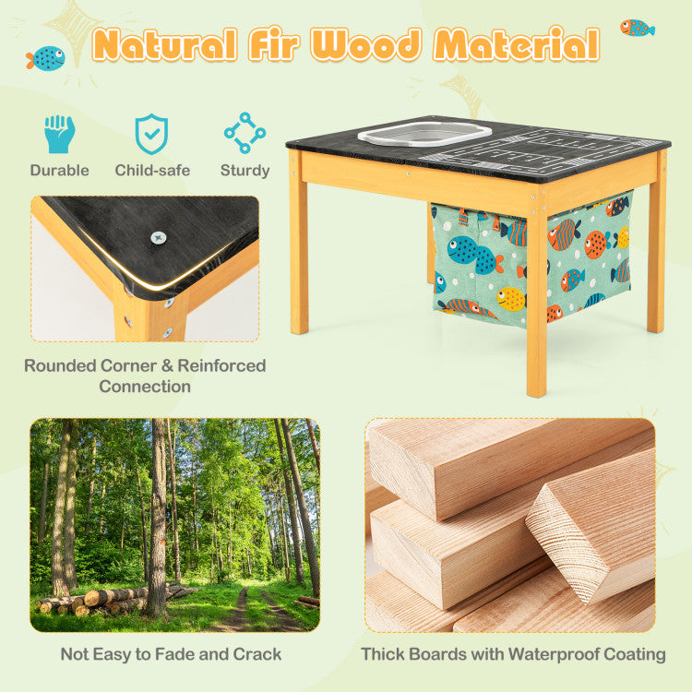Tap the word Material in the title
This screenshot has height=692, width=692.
tap(517, 43)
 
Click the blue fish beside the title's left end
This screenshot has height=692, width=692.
tap(46, 59)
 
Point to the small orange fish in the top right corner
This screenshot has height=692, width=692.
tap(638, 28)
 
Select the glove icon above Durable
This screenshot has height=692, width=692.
tap(60, 134)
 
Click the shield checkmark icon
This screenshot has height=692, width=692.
tap(151, 134)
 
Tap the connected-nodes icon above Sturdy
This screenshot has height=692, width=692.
tap(245, 133)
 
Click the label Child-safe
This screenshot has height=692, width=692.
tap(152, 171)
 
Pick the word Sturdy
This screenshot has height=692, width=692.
tap(245, 171)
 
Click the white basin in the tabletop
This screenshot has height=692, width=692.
tap(424, 134)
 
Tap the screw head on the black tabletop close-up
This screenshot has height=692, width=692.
tap(159, 238)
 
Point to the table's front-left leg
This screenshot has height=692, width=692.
tap(299, 243)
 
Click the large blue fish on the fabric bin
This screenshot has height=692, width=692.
tap(474, 255)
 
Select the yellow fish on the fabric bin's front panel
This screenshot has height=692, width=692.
tap(510, 299)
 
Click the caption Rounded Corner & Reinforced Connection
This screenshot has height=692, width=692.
tap(145, 376)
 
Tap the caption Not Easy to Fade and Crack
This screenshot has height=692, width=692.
tap(171, 654)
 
